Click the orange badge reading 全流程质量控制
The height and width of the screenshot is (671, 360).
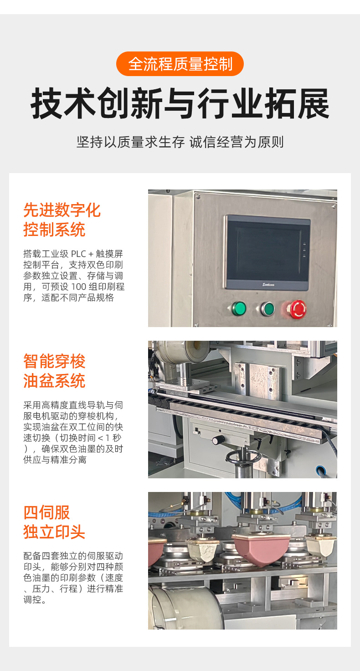tap(180, 64)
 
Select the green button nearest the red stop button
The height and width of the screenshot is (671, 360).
tap(267, 309)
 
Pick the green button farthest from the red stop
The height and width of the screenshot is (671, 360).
tap(239, 308)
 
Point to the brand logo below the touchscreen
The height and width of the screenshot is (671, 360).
tap(268, 285)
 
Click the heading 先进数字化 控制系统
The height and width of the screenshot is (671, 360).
tap(62, 220)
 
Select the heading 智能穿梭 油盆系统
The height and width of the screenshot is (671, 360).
tap(54, 371)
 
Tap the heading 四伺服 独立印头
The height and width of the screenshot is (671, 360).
tap(54, 522)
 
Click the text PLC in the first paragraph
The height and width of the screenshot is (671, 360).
tap(78, 254)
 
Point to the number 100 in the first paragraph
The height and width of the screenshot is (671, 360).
tap(78, 287)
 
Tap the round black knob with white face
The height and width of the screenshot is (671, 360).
tap(218, 440)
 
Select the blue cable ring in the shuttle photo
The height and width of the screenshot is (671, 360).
tap(320, 469)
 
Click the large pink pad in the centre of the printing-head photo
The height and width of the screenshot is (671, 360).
tap(261, 548)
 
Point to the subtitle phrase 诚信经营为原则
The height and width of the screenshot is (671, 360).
tap(237, 142)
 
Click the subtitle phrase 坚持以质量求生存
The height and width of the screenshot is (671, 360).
tap(130, 142)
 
